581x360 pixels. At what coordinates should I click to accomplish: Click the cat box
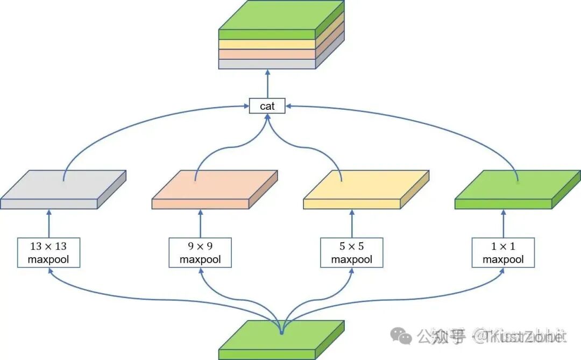(x=267, y=106)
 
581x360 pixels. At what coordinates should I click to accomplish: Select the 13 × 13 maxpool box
(x=48, y=252)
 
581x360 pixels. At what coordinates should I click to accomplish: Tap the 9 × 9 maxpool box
(x=200, y=252)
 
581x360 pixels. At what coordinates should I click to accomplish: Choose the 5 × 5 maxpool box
(x=351, y=252)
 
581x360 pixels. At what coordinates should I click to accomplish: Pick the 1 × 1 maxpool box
(x=503, y=252)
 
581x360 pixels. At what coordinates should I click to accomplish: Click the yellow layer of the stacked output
(x=267, y=44)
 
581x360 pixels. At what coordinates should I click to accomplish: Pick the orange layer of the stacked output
(x=267, y=54)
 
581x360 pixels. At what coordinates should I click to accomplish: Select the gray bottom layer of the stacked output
(x=267, y=64)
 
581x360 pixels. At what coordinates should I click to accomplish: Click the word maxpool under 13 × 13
(x=48, y=259)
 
